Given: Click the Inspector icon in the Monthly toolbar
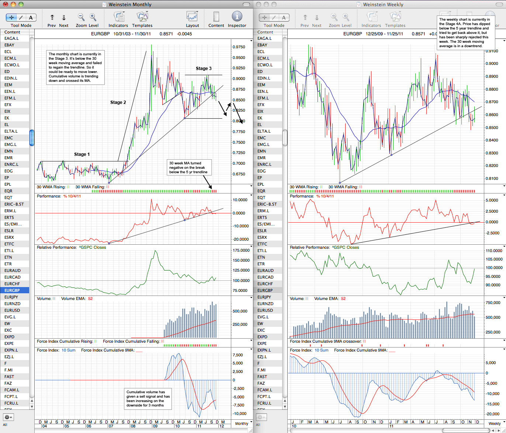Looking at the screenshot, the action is pyautogui.click(x=237, y=17).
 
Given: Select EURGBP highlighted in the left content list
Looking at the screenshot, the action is pyautogui.click(x=12, y=290).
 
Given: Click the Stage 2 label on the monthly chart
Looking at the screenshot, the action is pyautogui.click(x=118, y=102).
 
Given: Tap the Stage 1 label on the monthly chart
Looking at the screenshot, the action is pyautogui.click(x=82, y=154).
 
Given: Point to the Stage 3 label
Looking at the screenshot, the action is pyautogui.click(x=204, y=69).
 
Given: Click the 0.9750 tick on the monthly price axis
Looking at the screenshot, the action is pyautogui.click(x=239, y=47).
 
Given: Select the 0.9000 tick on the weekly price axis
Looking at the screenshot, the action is pyautogui.click(x=492, y=64).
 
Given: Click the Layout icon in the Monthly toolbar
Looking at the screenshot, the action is pyautogui.click(x=192, y=17).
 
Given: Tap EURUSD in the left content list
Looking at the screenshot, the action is pyautogui.click(x=12, y=310).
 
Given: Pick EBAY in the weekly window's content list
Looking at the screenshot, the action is pyautogui.click(x=262, y=45).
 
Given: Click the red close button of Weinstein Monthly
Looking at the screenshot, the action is pyautogui.click(x=5, y=4).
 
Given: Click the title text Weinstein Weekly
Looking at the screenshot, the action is pyautogui.click(x=383, y=4).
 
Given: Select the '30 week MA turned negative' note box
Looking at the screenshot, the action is pyautogui.click(x=189, y=168).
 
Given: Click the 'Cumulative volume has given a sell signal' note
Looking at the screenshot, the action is pyautogui.click(x=148, y=398).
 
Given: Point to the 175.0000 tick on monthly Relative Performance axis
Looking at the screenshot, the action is pyautogui.click(x=241, y=251).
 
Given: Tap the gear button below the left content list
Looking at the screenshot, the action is pyautogui.click(x=8, y=417).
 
